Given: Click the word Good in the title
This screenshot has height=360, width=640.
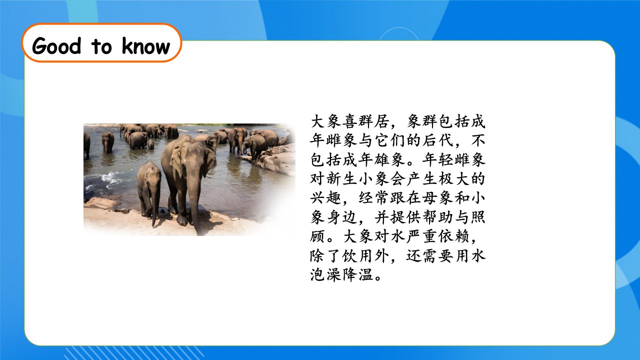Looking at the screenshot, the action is [56, 45].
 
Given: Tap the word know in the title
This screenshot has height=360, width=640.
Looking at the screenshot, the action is [145, 45].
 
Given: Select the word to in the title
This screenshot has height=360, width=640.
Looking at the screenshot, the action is [101, 47].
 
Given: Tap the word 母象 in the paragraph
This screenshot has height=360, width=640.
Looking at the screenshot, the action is [437, 198].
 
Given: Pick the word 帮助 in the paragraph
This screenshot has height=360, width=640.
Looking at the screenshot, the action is [437, 217].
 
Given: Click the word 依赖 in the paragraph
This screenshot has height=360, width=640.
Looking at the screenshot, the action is [453, 236].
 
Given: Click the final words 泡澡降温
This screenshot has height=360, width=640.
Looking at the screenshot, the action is [341, 275].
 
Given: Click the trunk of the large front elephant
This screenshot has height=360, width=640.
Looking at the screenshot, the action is [195, 200].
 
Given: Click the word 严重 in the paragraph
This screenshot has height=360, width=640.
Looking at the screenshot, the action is [421, 236].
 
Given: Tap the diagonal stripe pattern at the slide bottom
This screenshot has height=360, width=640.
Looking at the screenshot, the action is [134, 353].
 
